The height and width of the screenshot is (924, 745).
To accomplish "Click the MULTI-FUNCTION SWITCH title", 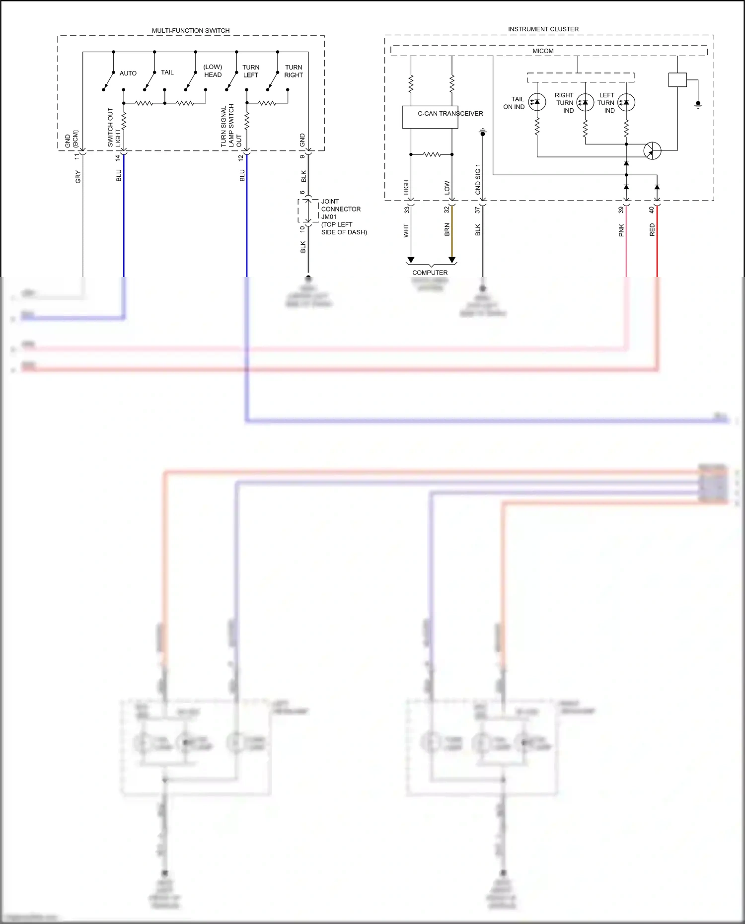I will pyautogui.click(x=191, y=31).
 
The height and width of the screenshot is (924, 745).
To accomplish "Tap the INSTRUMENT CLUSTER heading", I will pyautogui.click(x=543, y=29).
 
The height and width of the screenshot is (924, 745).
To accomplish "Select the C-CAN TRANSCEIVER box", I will pyautogui.click(x=430, y=117).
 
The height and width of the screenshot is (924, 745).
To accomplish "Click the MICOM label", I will pyautogui.click(x=543, y=51).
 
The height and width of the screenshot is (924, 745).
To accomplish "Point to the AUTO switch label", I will pyautogui.click(x=128, y=73).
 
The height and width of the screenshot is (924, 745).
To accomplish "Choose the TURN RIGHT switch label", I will pyautogui.click(x=294, y=71).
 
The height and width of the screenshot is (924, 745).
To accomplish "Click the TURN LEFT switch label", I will pyautogui.click(x=251, y=71).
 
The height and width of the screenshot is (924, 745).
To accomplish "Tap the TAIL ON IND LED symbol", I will pyautogui.click(x=537, y=102).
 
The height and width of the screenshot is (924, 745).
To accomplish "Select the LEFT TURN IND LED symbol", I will pyautogui.click(x=626, y=102).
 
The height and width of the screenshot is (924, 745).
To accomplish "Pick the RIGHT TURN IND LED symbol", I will pyautogui.click(x=585, y=102).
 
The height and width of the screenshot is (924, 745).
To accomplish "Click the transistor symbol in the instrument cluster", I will pyautogui.click(x=652, y=150).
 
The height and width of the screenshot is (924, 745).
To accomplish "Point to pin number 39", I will pyautogui.click(x=621, y=210).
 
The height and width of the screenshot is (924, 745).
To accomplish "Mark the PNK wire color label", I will pyautogui.click(x=621, y=230).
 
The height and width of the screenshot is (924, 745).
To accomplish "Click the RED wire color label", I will pyautogui.click(x=652, y=229).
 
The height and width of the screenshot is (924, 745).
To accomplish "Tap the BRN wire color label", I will pyautogui.click(x=447, y=229).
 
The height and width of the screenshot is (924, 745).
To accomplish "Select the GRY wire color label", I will pyautogui.click(x=78, y=177).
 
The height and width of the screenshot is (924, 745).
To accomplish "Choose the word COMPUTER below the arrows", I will pyautogui.click(x=430, y=273).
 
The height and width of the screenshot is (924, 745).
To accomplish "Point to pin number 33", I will pyautogui.click(x=407, y=210).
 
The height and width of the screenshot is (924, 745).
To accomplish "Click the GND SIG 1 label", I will pyautogui.click(x=478, y=179).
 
